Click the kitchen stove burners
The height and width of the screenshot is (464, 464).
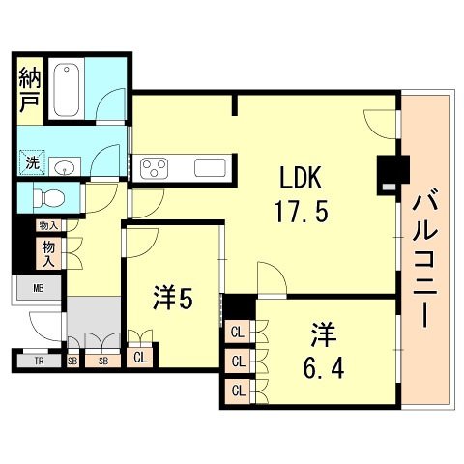point(155,168)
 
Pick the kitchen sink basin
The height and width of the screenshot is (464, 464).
point(210,168)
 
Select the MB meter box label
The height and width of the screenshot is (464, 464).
point(39,288)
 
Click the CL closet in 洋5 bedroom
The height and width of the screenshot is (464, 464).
point(141,357)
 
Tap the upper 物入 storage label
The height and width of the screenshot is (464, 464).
point(46,225)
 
